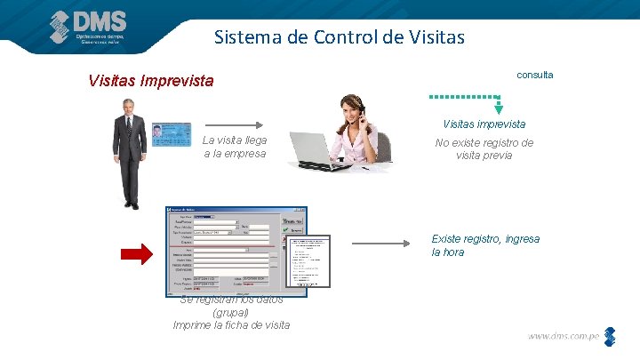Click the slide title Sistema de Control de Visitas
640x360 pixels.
click(339, 38)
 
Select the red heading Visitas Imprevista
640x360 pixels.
click(151, 81)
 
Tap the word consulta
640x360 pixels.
click(534, 75)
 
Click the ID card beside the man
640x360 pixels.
click(171, 134)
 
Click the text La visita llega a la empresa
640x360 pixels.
click(235, 147)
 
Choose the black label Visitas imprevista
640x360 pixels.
click(484, 124)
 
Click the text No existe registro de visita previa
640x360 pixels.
click(484, 148)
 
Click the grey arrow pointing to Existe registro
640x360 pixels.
click(382, 243)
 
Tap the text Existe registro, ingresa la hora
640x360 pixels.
click(484, 245)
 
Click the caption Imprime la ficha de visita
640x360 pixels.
click(231, 325)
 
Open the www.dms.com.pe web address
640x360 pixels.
click(564, 336)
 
